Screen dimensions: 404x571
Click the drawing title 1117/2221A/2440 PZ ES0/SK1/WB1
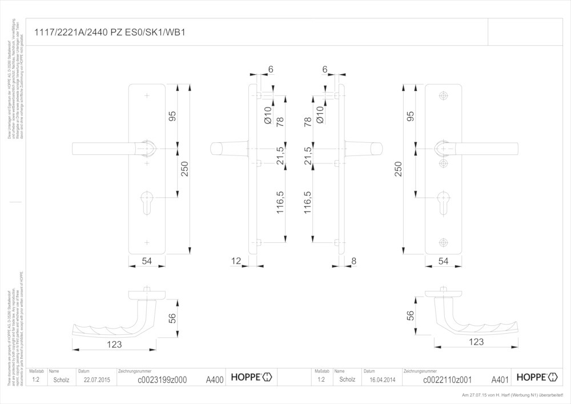pyautogui.click(x=110, y=33)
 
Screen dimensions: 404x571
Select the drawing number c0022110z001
pyautogui.click(x=447, y=379)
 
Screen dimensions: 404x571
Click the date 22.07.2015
pyautogui.click(x=95, y=379)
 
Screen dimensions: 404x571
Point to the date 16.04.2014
pyautogui.click(x=381, y=379)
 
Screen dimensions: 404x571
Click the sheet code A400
pyautogui.click(x=214, y=379)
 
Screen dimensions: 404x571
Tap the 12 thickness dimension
pyautogui.click(x=236, y=261)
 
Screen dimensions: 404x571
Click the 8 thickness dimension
pyautogui.click(x=353, y=261)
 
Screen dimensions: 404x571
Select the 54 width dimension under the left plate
pyautogui.click(x=147, y=261)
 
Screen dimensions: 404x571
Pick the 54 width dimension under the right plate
pyautogui.click(x=444, y=261)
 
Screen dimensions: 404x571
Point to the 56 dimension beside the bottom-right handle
pyautogui.click(x=409, y=315)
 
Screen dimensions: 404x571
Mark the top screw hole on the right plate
pyautogui.click(x=444, y=95)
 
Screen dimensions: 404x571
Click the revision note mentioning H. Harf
pyautogui.click(x=512, y=395)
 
